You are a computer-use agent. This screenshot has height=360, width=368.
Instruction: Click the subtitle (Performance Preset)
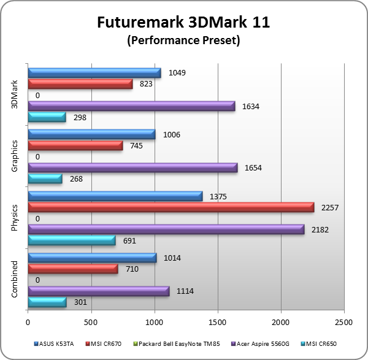tap(183, 41)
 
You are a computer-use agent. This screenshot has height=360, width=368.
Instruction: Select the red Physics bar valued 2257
tap(171, 207)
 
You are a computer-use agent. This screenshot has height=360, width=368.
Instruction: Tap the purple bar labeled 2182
tap(166, 229)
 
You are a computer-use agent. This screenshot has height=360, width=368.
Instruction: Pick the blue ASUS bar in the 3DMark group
tap(94, 73)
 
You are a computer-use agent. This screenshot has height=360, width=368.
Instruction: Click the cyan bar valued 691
tap(71, 240)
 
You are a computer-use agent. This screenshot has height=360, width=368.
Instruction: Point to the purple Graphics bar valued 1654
tap(132, 167)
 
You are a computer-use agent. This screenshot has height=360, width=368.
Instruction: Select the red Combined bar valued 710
tap(72, 269)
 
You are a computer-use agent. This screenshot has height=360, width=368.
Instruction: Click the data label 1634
tap(251, 106)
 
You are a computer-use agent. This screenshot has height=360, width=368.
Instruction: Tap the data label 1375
tap(218, 196)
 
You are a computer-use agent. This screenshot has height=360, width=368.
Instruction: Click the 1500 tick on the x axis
tap(218, 321)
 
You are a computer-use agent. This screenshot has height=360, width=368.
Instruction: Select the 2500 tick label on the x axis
tap(344, 321)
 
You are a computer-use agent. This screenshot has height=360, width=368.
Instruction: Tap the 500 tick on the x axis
tap(91, 321)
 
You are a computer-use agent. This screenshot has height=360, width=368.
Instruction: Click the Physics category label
tap(15, 218)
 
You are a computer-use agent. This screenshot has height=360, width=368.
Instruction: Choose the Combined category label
tap(15, 280)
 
